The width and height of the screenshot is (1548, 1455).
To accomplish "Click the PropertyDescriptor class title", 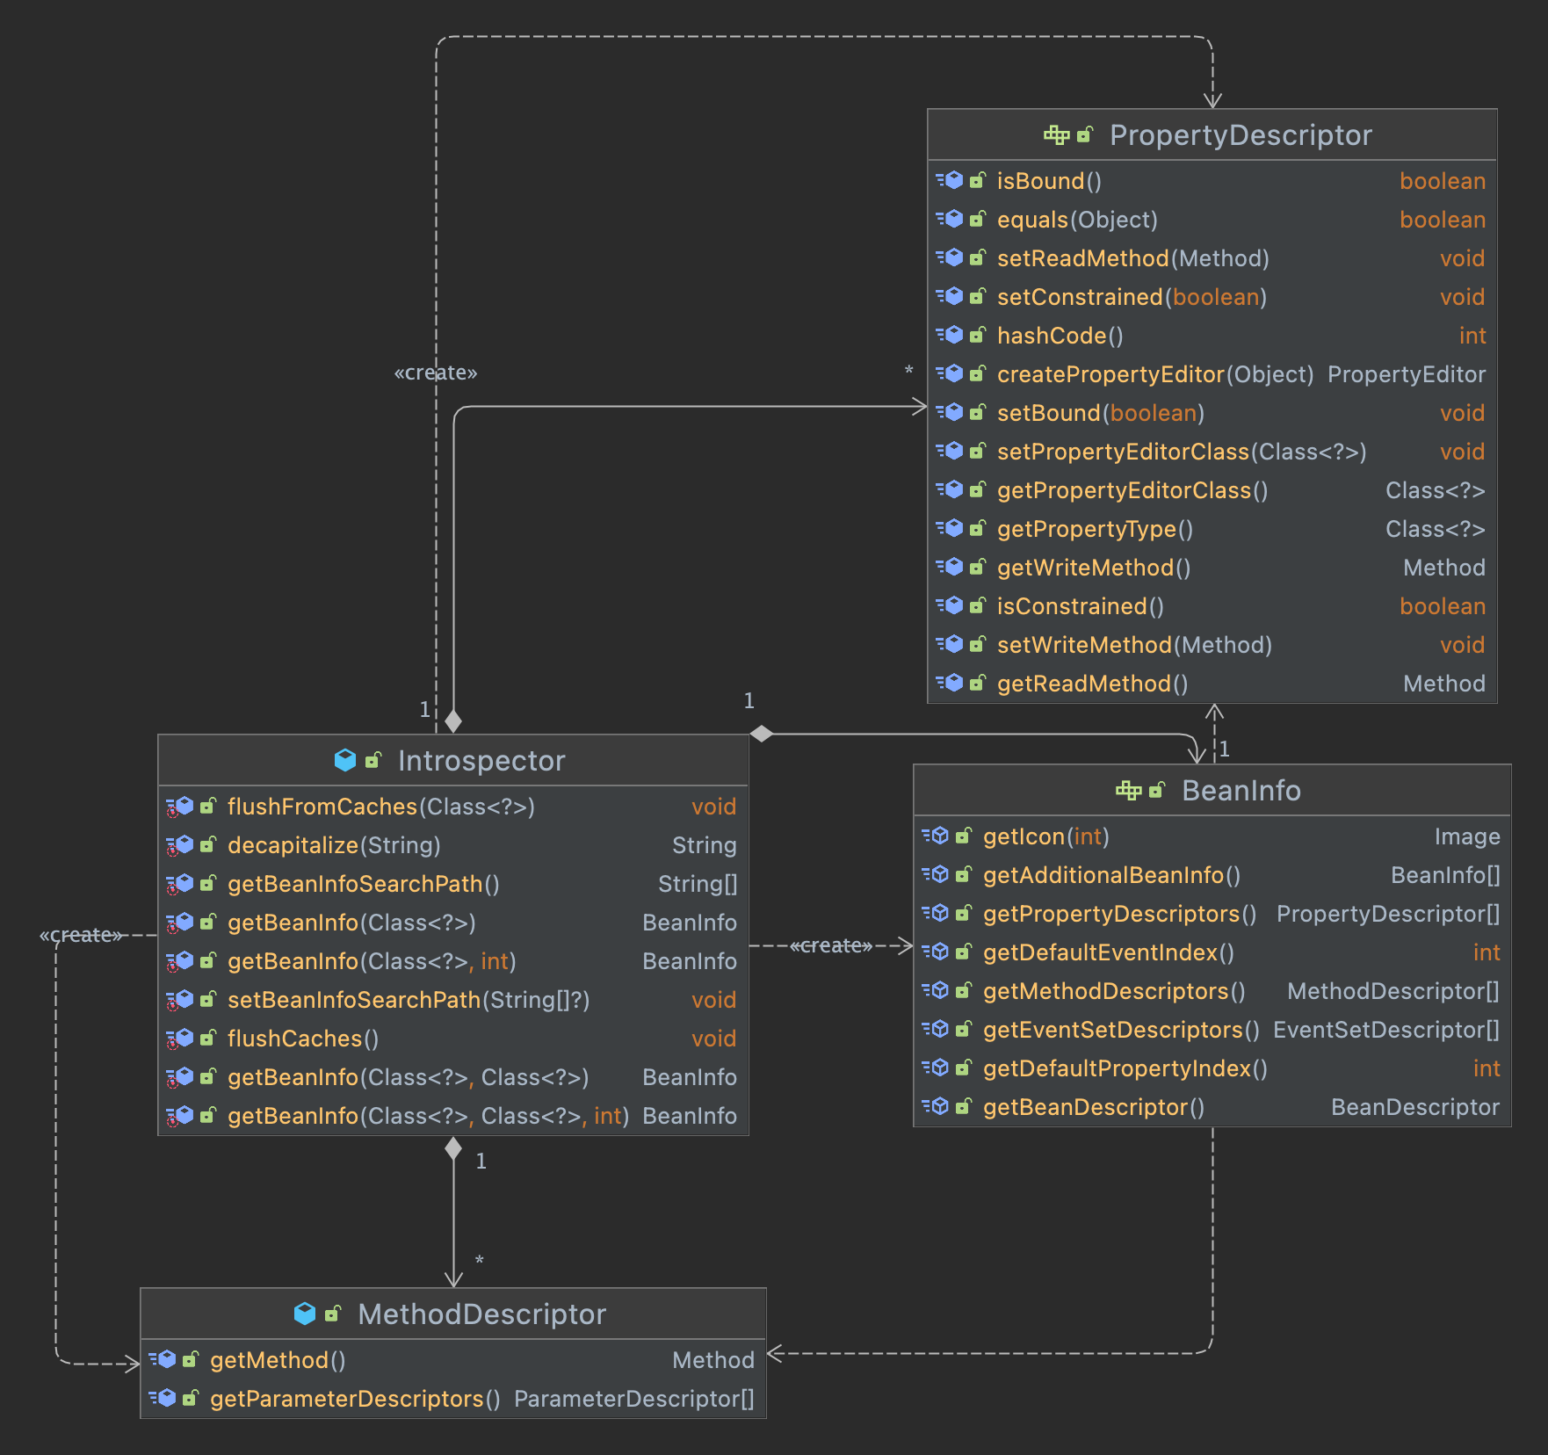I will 1240,135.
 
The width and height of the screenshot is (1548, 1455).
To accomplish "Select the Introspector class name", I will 481,761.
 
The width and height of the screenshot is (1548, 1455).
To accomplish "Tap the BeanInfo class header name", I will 1241,791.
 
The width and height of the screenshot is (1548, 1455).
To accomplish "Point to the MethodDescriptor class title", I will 481,1314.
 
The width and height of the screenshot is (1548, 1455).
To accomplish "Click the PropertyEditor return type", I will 1406,374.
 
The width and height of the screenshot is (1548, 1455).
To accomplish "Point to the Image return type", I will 1466,836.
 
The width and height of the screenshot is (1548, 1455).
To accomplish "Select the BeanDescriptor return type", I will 1414,1107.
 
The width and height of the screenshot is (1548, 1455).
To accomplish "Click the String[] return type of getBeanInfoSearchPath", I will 698,884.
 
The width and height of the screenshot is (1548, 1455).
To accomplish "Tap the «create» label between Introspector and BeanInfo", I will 831,945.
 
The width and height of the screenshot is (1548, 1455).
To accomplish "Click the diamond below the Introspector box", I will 453,1148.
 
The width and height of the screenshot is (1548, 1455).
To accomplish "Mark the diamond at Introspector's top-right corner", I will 762,734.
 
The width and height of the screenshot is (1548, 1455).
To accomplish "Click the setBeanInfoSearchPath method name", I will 353,1000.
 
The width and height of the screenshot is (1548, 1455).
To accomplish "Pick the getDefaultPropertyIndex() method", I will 1125,1068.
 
